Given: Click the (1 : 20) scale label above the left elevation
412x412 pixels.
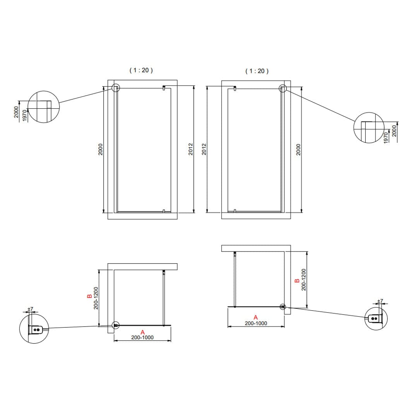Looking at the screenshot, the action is [x=141, y=70].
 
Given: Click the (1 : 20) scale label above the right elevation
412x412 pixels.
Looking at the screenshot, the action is [x=257, y=71].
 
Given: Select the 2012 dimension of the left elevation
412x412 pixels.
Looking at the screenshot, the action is [x=190, y=149].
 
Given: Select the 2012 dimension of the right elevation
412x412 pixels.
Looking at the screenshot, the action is [x=204, y=149].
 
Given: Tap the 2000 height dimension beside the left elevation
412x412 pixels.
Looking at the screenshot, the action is [x=100, y=149].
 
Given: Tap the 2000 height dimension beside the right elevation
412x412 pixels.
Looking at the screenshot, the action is [x=299, y=149].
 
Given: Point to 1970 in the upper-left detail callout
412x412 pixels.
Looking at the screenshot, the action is [x=25, y=116].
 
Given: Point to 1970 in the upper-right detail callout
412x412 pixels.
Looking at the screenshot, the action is [x=386, y=138].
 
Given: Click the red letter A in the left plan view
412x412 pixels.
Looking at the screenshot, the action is [x=142, y=332].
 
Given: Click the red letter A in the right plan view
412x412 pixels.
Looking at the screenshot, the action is [x=255, y=317].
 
